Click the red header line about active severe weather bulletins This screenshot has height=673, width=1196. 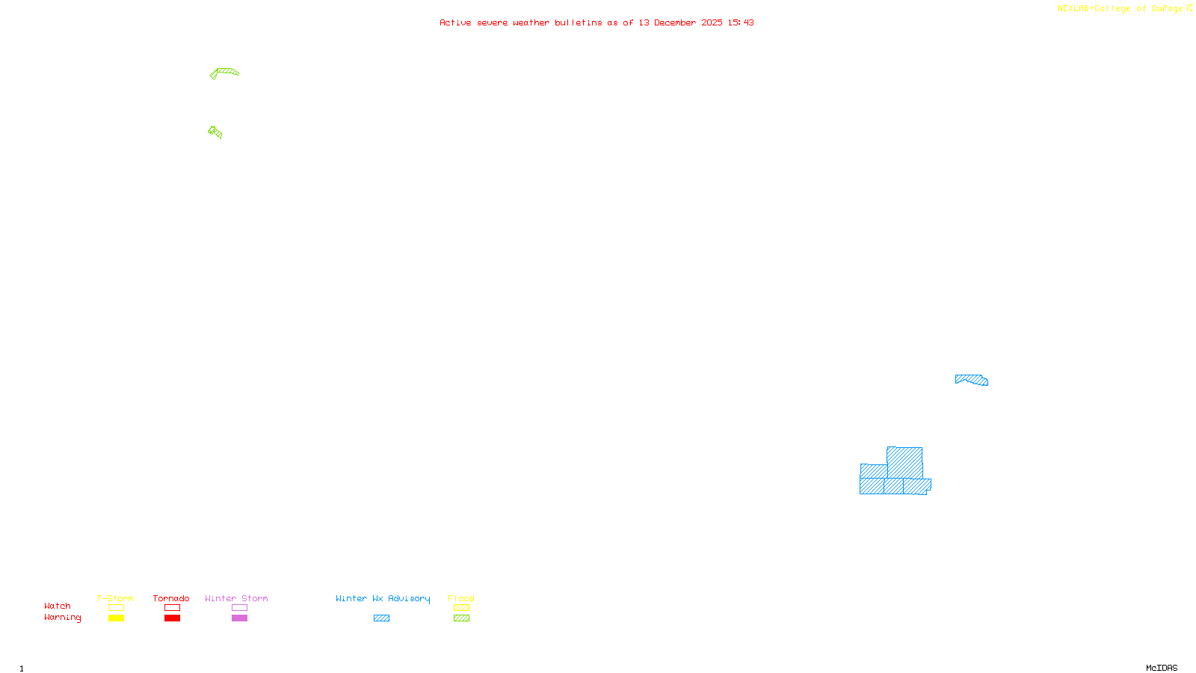[597, 22]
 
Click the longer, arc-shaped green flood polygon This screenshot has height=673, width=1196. [225, 72]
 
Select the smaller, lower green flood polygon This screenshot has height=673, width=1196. [215, 132]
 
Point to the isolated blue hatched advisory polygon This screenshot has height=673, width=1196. [972, 380]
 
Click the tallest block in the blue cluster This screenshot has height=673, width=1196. [904, 462]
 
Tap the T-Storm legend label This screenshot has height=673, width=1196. [115, 598]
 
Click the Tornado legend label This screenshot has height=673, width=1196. [171, 598]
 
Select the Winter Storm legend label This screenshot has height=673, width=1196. [236, 598]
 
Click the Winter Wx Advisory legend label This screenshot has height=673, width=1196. [383, 598]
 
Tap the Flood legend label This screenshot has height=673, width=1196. [461, 598]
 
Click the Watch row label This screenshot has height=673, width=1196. [58, 606]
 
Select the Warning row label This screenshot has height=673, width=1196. [62, 618]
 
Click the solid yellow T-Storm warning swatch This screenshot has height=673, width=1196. [116, 618]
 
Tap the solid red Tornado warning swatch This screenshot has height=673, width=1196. [172, 618]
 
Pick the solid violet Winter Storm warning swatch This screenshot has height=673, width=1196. [239, 618]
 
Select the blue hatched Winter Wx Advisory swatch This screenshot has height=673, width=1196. [381, 618]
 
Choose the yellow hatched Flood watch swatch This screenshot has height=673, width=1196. [461, 608]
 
